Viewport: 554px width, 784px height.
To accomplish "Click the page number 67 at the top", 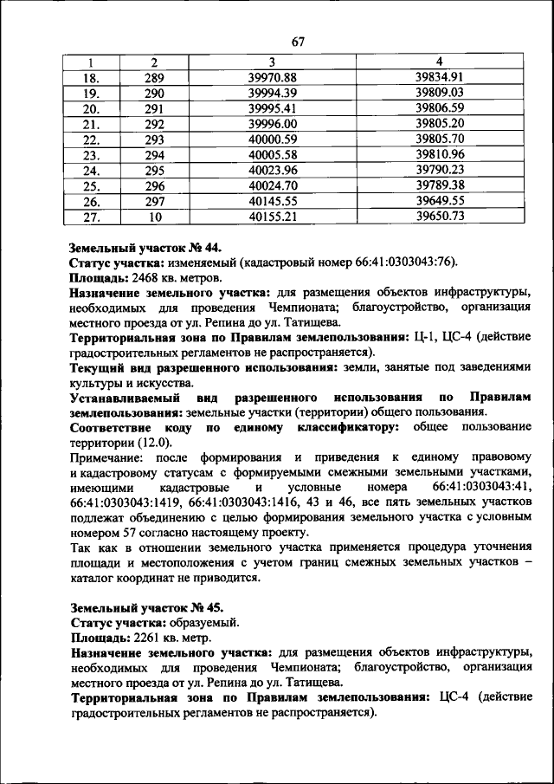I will pyautogui.click(x=299, y=42).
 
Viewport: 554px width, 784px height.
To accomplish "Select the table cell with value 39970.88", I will pyautogui.click(x=272, y=77).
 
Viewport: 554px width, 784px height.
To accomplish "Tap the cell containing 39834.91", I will pyautogui.click(x=440, y=77).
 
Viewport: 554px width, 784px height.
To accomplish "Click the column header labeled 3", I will pyautogui.click(x=272, y=62).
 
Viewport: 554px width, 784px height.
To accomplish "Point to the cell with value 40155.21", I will pyautogui.click(x=272, y=217).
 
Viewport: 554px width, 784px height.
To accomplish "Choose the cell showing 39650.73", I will pyautogui.click(x=440, y=217).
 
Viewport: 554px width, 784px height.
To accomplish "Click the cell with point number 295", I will pyautogui.click(x=154, y=170).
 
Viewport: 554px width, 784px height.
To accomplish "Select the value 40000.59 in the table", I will pyautogui.click(x=272, y=139).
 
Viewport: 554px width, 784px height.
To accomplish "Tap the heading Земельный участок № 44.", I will pyautogui.click(x=147, y=248).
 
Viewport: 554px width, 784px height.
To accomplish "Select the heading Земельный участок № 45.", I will pyautogui.click(x=147, y=606).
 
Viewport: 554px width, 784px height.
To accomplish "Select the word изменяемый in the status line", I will pyautogui.click(x=200, y=263).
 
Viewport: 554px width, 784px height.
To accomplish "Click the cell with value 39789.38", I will pyautogui.click(x=440, y=185).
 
